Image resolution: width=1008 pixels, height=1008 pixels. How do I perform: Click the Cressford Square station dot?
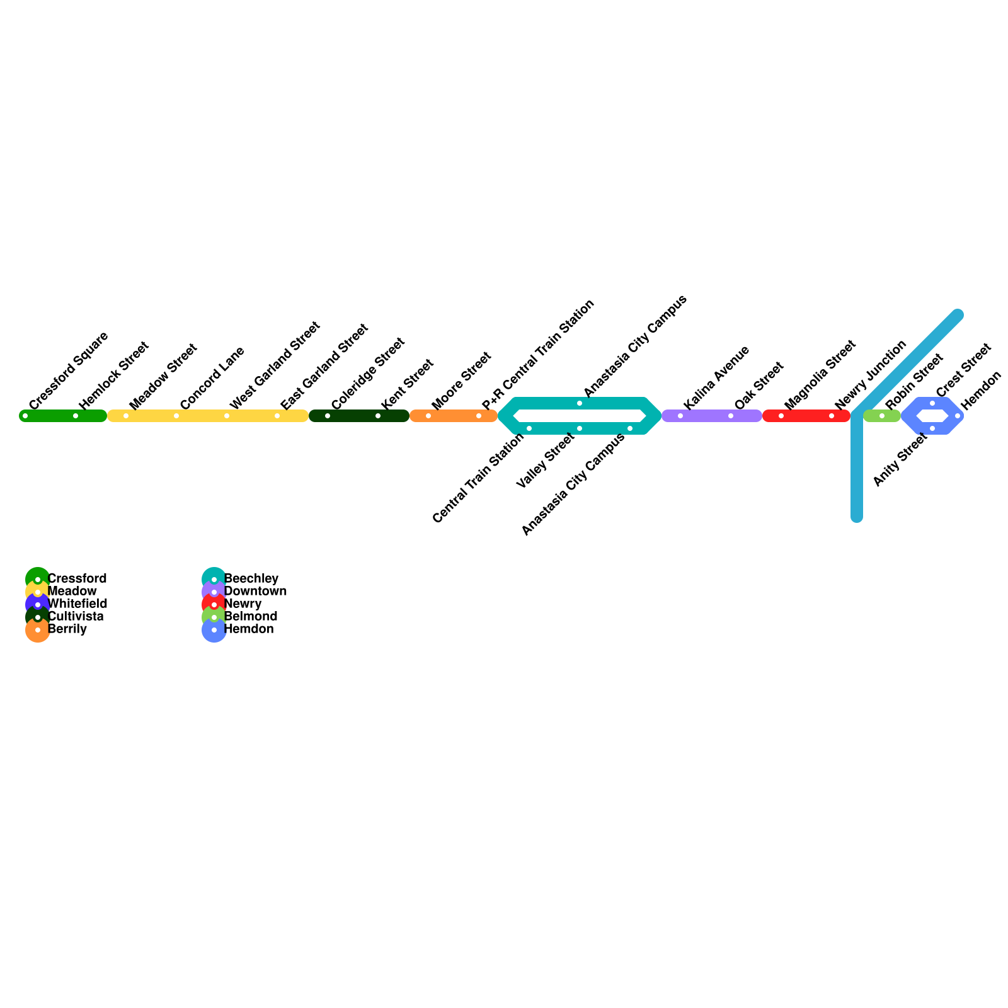(25, 416)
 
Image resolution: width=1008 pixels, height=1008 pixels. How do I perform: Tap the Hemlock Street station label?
(113, 375)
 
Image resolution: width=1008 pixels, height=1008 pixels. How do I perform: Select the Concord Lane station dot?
(176, 416)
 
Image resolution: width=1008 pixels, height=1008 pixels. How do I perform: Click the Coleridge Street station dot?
(328, 416)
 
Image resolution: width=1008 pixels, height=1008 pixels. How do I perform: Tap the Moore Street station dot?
(428, 416)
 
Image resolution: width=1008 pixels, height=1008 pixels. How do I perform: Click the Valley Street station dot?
(580, 428)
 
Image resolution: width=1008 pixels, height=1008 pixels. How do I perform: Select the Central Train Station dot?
(529, 428)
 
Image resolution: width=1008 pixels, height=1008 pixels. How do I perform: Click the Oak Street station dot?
(731, 416)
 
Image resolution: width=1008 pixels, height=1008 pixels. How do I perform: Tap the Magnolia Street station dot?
(781, 416)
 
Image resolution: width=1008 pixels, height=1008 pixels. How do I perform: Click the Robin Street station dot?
(882, 416)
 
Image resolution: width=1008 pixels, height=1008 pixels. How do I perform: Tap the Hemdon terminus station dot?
(958, 416)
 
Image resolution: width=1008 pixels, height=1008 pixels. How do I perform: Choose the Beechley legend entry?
(251, 578)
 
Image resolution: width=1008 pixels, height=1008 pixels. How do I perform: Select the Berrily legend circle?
(38, 630)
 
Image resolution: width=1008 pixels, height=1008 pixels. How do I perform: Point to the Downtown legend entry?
(255, 591)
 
